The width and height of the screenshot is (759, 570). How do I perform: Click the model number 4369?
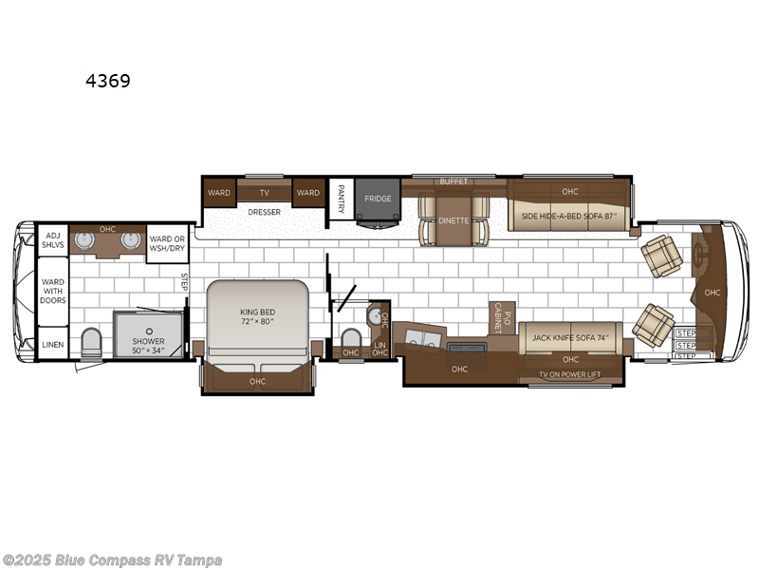(x=107, y=82)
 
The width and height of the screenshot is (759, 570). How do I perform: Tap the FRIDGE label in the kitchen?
(x=377, y=199)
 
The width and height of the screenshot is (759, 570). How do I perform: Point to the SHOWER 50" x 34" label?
(x=148, y=346)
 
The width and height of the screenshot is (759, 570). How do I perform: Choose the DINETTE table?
(x=453, y=219)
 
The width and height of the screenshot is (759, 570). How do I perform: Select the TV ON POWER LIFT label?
(x=570, y=375)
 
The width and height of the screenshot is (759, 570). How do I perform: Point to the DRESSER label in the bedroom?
(x=264, y=212)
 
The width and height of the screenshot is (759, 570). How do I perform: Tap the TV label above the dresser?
(x=264, y=192)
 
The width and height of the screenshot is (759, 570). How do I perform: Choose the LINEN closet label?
(x=51, y=344)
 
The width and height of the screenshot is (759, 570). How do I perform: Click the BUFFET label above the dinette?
(x=454, y=180)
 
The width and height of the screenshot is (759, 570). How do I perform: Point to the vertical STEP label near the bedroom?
(x=186, y=281)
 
